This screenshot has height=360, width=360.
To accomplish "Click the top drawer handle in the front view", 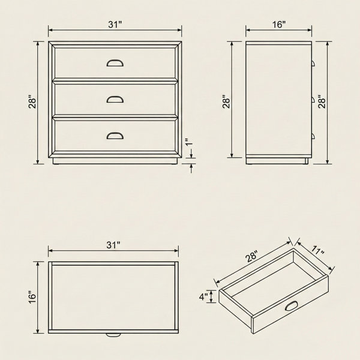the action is pyautogui.click(x=115, y=63).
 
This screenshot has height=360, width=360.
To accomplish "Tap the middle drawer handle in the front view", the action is pyautogui.click(x=115, y=99).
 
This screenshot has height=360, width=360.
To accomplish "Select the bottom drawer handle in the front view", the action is pyautogui.click(x=115, y=136).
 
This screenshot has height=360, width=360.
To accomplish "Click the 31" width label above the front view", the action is pyautogui.click(x=115, y=25).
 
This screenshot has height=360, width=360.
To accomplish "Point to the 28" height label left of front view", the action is pyautogui.click(x=32, y=101).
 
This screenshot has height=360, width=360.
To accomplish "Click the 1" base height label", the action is pyautogui.click(x=189, y=142).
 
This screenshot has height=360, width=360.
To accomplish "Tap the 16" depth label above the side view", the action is pyautogui.click(x=279, y=25).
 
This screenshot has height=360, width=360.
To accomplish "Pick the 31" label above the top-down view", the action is pyautogui.click(x=113, y=245).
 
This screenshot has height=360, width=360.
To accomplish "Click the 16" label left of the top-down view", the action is pyautogui.click(x=32, y=297).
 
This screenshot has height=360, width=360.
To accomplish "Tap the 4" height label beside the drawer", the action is pyautogui.click(x=203, y=296).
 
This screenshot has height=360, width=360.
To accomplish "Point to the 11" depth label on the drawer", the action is pyautogui.click(x=318, y=250).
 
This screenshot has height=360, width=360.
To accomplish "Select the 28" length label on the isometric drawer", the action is pyautogui.click(x=252, y=256).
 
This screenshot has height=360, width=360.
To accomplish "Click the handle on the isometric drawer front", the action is pyautogui.click(x=292, y=306).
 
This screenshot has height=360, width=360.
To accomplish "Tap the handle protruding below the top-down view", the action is pyautogui.click(x=113, y=335).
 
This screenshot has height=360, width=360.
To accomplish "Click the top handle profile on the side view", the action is pyautogui.click(x=313, y=63).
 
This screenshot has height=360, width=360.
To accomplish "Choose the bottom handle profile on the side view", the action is pyautogui.click(x=313, y=136).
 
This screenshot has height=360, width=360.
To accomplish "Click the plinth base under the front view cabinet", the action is pyautogui.click(x=115, y=161).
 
